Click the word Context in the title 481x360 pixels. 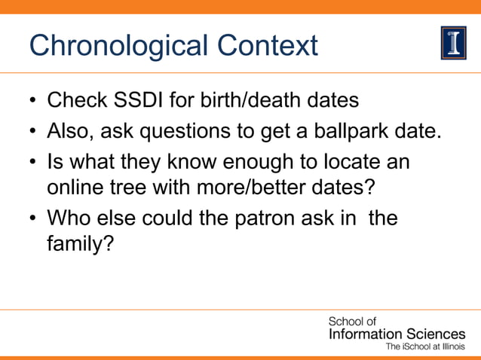pyautogui.click(x=268, y=45)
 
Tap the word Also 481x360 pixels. pyautogui.click(x=69, y=132)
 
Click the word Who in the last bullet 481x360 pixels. pyautogui.click(x=66, y=219)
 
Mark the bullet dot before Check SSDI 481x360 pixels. pyautogui.click(x=32, y=101)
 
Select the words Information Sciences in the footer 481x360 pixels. pyautogui.click(x=397, y=334)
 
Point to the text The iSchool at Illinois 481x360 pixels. pyautogui.click(x=425, y=347)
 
